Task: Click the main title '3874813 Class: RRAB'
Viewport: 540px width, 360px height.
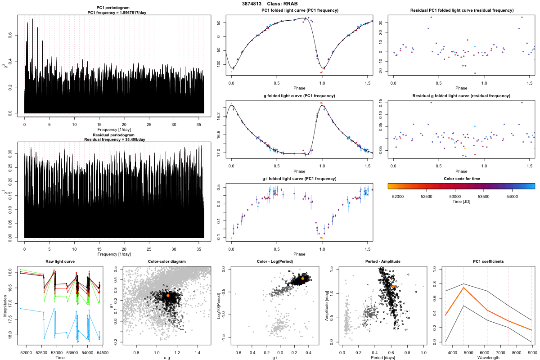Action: click(270, 4)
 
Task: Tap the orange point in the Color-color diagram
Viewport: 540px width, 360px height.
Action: click(168, 295)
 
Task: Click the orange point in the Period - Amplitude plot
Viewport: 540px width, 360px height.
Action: click(393, 286)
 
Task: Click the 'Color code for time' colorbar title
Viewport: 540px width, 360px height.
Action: click(461, 178)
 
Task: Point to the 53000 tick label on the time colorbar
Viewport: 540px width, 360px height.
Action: click(455, 196)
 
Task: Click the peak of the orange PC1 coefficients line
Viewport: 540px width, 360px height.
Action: click(463, 288)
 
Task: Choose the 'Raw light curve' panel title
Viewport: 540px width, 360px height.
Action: click(60, 262)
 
